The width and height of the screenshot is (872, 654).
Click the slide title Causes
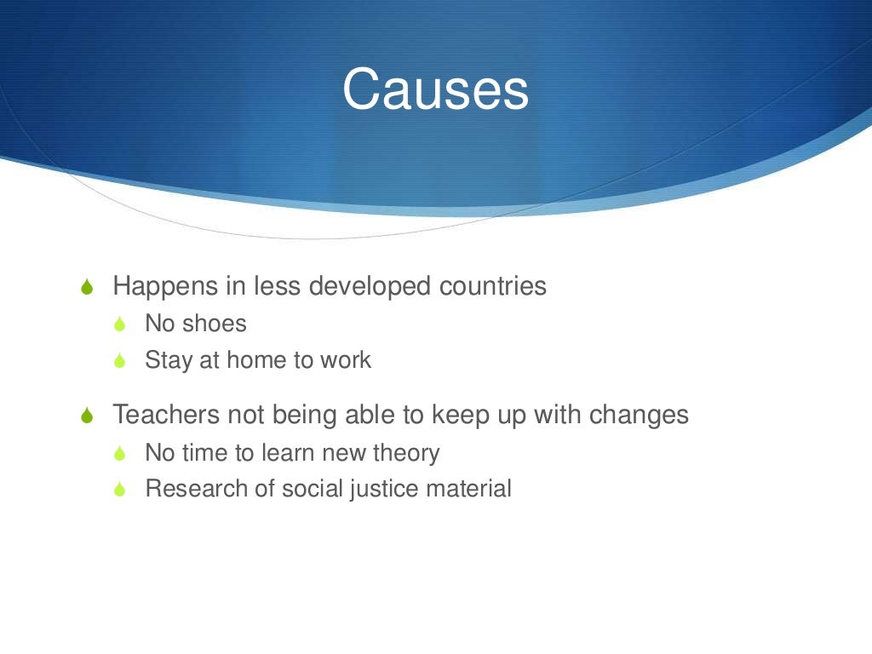(435, 89)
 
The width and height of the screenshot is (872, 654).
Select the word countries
(492, 286)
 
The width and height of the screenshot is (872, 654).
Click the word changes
(638, 416)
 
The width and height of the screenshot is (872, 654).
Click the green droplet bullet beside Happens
(86, 288)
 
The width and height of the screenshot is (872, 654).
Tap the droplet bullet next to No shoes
(121, 324)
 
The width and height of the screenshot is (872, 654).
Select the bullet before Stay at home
(121, 361)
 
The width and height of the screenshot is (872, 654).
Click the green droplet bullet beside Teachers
(86, 416)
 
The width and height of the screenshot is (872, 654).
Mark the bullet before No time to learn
(121, 454)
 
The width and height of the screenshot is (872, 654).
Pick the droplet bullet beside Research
(121, 490)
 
